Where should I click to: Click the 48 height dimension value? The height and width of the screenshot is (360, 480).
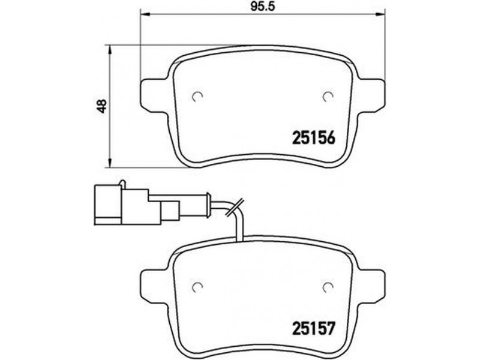click(x=102, y=106)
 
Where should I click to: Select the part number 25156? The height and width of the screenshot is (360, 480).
click(x=314, y=138)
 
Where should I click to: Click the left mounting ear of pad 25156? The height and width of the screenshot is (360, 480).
click(x=155, y=95)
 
